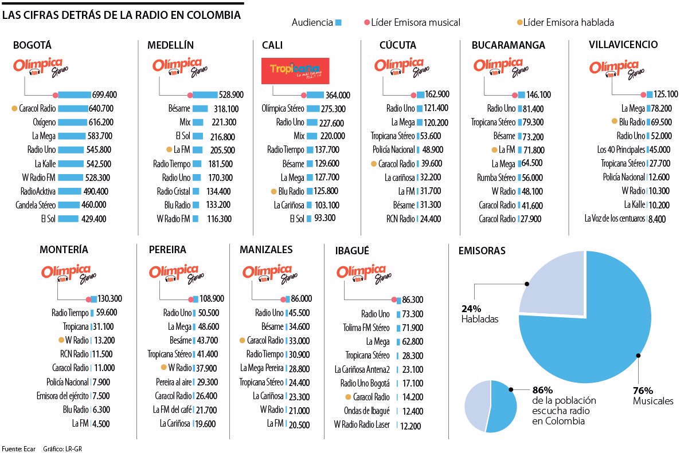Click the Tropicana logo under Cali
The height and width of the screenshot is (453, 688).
[295, 71]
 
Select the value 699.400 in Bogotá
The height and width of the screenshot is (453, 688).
[104, 94]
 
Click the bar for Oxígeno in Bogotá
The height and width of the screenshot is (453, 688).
[72, 122]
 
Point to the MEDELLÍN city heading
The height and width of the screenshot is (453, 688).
[170, 45]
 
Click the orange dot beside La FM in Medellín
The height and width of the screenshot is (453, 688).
[169, 149]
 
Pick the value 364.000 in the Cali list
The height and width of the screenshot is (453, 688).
[338, 95]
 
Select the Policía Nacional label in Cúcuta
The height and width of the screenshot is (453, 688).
[394, 150]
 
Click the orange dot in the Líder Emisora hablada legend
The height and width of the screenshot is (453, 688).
[520, 22]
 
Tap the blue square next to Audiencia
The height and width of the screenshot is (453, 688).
[339, 22]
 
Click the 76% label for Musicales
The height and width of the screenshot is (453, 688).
[643, 391]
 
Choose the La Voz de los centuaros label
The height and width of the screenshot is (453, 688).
[615, 218]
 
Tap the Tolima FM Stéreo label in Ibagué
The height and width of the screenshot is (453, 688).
[365, 328]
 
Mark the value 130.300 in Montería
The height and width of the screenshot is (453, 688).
[110, 299]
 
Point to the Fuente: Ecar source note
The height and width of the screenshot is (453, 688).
[19, 448]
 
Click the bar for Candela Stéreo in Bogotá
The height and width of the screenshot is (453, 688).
[68, 204]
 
